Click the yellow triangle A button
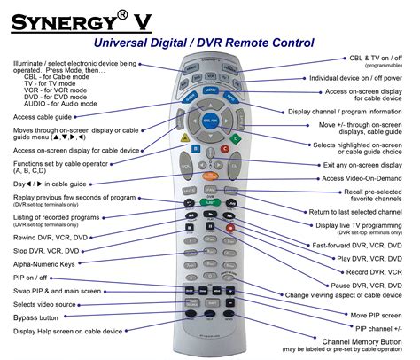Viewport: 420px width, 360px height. (183, 138)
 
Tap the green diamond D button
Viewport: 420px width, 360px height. (236, 138)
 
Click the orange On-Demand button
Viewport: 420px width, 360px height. (210, 188)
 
